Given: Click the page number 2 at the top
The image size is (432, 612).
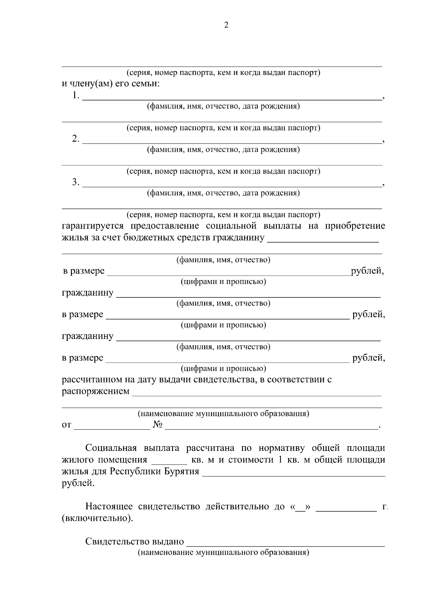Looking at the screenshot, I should point(226,25).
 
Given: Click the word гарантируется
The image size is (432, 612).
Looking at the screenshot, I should point(93,226).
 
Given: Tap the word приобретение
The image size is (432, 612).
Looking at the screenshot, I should point(355,226).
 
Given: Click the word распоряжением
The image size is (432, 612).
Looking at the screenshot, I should point(95,391).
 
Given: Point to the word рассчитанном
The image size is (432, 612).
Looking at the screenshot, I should point(91,380).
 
